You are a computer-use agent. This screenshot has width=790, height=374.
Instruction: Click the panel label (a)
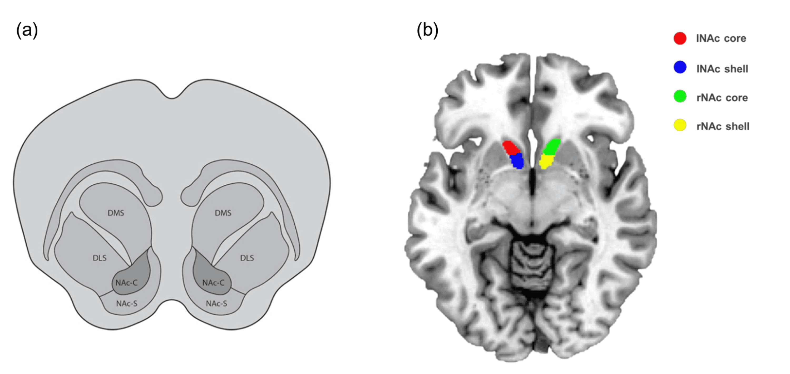(27, 30)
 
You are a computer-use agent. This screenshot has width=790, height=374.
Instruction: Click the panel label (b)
(427, 30)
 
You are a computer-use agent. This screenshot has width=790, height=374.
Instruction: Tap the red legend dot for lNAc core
(680, 38)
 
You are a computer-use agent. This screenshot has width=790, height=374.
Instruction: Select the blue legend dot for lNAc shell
(680, 67)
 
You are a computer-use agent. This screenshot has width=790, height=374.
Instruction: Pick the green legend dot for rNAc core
(680, 96)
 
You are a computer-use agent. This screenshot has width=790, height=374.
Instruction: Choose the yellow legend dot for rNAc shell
(680, 125)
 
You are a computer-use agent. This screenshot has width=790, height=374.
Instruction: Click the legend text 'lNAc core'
(721, 38)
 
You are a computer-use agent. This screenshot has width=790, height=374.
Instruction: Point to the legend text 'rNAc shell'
(723, 126)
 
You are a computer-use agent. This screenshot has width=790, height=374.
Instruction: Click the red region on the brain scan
(511, 147)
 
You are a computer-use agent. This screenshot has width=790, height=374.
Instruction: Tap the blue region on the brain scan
(517, 161)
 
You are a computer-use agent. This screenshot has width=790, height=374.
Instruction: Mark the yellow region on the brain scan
(546, 161)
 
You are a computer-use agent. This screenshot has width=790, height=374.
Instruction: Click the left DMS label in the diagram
(116, 213)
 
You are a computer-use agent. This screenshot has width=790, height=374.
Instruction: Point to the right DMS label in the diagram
(223, 213)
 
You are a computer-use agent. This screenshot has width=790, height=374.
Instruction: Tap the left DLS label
(100, 258)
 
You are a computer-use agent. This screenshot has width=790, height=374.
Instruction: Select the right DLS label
(247, 258)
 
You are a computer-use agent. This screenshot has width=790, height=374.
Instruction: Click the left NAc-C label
(127, 283)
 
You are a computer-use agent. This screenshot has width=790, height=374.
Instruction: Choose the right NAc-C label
(214, 283)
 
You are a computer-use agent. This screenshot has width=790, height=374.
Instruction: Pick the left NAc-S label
(127, 303)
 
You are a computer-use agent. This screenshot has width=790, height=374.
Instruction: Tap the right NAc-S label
(216, 303)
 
